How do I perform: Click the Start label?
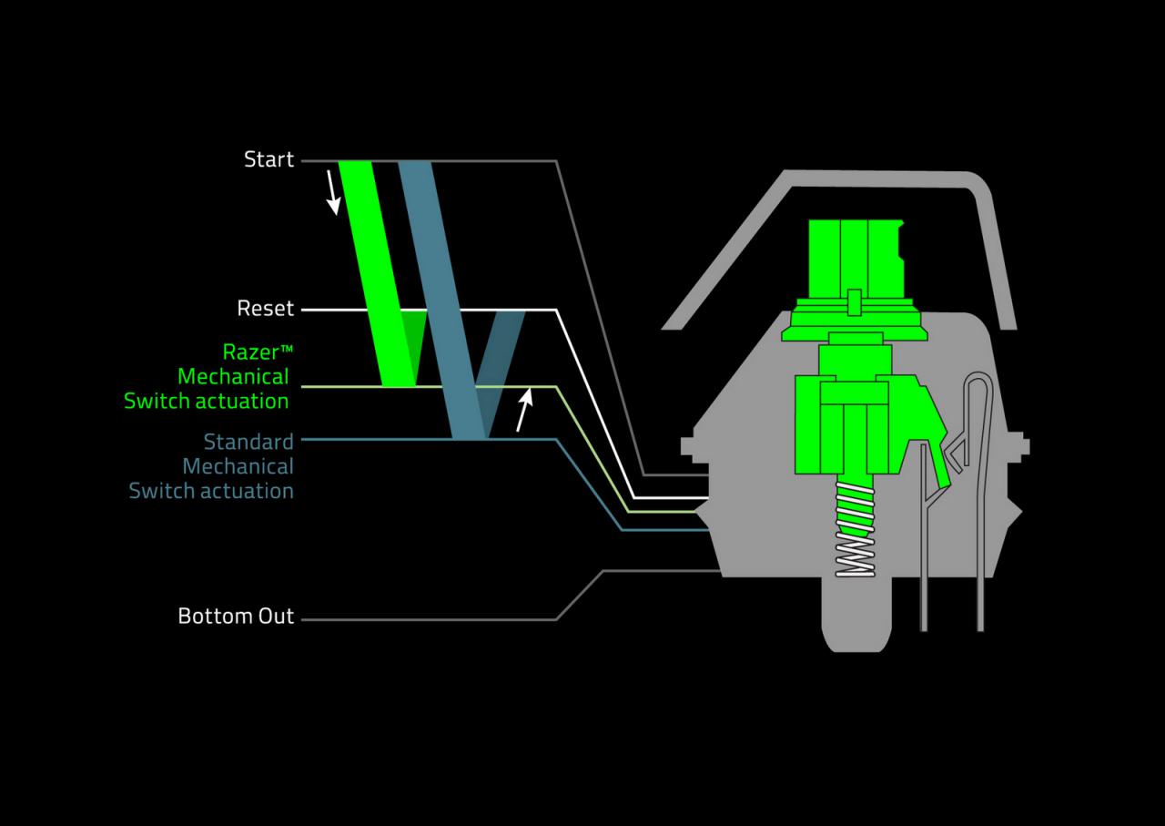click(x=268, y=159)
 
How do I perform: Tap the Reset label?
click(x=266, y=308)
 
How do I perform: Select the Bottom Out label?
click(x=236, y=616)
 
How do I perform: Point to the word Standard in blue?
click(x=248, y=442)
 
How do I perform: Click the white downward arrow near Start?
click(x=333, y=192)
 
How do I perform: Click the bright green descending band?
click(x=377, y=274)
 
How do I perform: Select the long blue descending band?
click(x=442, y=301)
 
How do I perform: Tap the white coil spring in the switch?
click(x=855, y=529)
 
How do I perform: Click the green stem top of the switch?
click(x=856, y=260)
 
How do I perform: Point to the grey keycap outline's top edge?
click(x=879, y=178)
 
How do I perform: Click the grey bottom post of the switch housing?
click(x=856, y=614)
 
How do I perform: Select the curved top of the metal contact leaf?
click(x=978, y=376)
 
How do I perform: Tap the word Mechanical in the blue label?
click(x=238, y=466)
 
